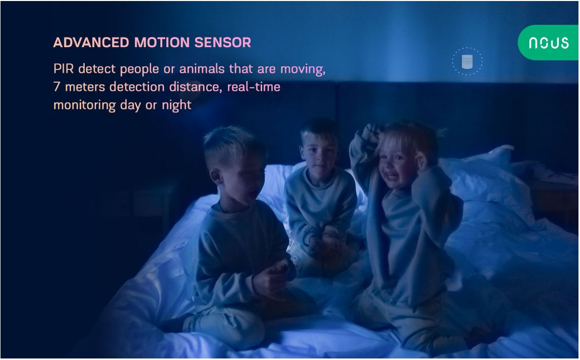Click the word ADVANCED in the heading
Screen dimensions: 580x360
(x=91, y=43)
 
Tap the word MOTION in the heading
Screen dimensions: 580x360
(x=162, y=43)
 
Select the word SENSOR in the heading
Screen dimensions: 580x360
(x=223, y=43)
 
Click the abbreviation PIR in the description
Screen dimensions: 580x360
(x=63, y=69)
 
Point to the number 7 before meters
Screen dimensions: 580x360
(x=57, y=87)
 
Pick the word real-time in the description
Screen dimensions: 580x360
(x=253, y=87)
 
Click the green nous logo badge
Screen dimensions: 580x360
(x=549, y=43)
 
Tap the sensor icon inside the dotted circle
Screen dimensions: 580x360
(x=467, y=61)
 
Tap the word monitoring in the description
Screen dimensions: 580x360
(x=85, y=105)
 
